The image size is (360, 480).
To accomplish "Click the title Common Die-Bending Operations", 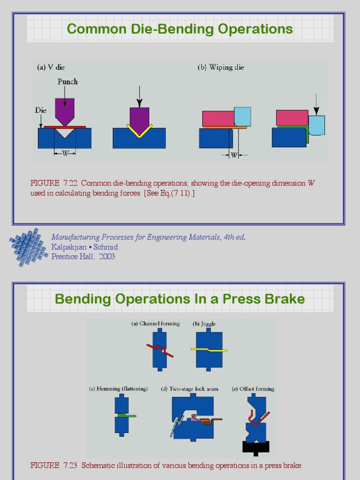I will coord(180,29).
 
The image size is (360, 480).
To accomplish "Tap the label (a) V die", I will coord(51,67).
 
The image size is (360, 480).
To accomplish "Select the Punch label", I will coord(67,82).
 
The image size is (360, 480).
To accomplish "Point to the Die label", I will coord(41,111).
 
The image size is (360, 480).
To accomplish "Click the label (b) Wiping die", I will coord(221,67).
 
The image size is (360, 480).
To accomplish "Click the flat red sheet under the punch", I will coord(65,127).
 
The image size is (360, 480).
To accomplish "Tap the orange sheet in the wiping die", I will coord(225,127).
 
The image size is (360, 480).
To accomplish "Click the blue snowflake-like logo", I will coord(29,247).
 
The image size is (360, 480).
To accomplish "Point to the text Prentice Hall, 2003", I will coord(83,256).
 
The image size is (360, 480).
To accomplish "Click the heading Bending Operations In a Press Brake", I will coord(180,299).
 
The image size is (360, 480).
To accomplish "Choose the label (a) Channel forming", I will coord(155,324).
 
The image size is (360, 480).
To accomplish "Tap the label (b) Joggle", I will coord(204,324).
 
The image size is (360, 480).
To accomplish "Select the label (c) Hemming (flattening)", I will coord(119,389).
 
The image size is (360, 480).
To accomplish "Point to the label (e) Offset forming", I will coord(253,389).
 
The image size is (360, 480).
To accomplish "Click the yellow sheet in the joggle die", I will coord(209,349).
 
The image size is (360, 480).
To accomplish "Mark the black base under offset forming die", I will coord(256,447).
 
